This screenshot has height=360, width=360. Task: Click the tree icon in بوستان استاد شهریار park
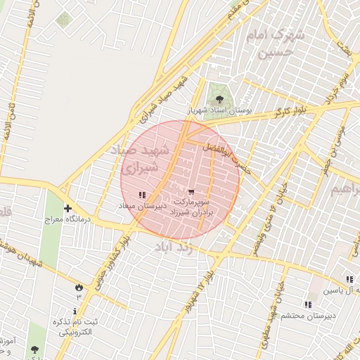click(219, 99)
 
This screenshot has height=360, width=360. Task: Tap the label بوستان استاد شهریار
click(229, 111)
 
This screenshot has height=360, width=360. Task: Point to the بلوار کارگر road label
click(291, 110)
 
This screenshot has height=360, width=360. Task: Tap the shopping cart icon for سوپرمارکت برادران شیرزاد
click(191, 191)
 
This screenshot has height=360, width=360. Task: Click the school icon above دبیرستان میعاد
click(142, 195)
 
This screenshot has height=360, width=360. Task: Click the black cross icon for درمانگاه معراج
click(67, 208)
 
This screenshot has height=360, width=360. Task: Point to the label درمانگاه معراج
click(65, 219)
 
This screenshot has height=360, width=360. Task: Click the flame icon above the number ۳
click(78, 287)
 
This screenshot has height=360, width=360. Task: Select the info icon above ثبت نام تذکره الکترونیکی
click(75, 311)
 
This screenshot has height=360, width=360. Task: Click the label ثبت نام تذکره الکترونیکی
click(74, 326)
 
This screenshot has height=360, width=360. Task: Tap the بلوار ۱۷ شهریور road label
click(198, 290)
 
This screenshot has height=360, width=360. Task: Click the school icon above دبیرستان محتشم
click(307, 304)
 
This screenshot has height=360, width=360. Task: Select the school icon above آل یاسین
click(349, 279)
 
